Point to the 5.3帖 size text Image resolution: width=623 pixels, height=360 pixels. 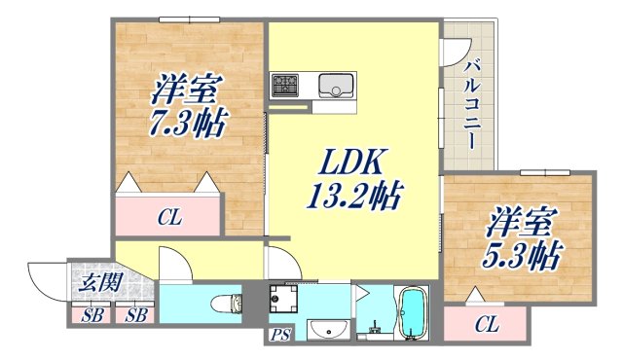pyautogui.click(x=522, y=256)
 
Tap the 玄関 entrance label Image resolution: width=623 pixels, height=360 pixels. pyautogui.click(x=94, y=284)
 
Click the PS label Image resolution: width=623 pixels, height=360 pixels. pyautogui.click(x=280, y=336)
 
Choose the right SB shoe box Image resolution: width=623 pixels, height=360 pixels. pyautogui.click(x=134, y=314)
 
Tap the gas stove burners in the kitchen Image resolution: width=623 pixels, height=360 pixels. pyautogui.click(x=286, y=85)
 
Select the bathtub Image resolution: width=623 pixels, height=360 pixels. pyautogui.click(x=414, y=313)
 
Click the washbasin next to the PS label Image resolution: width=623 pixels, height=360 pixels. pyautogui.click(x=327, y=331)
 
